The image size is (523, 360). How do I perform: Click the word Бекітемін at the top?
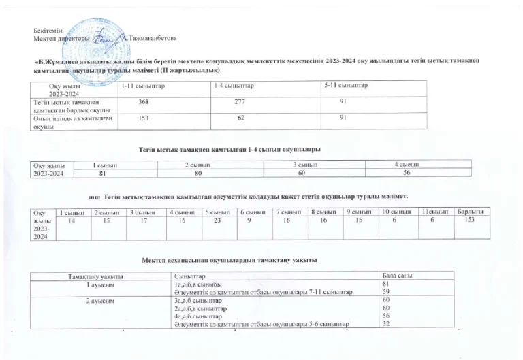48,31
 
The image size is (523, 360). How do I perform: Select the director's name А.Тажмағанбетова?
147,38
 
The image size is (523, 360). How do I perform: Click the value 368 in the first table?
144,102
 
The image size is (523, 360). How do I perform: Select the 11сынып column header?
433,212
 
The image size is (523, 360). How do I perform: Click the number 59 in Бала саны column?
385,291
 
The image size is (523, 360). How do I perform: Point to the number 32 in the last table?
385,325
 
